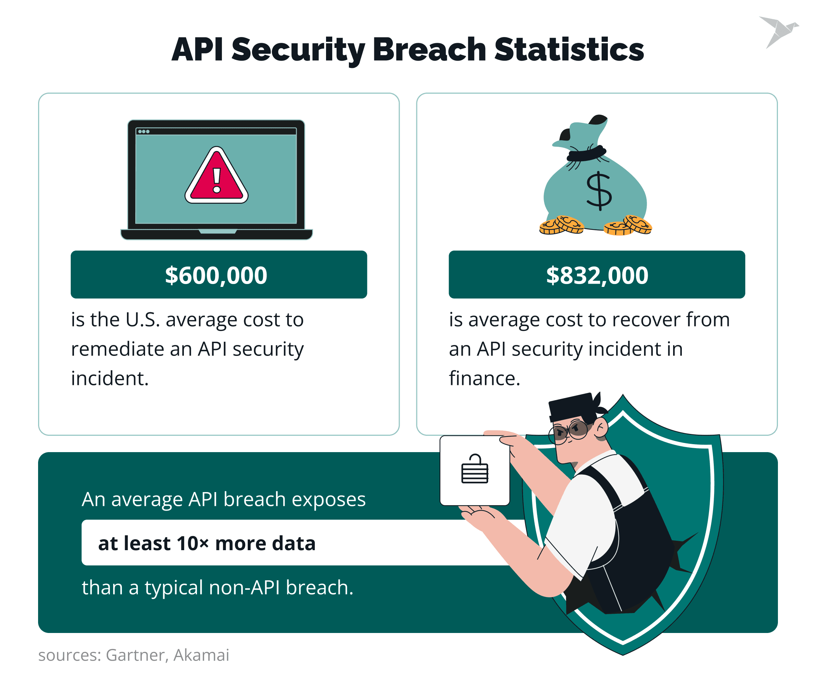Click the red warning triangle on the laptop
coord(217,177)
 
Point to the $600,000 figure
coord(216,275)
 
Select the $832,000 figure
coord(597,275)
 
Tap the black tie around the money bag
coord(587,154)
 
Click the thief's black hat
coord(572,407)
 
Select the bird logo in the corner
coord(778,31)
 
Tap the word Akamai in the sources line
coord(201,655)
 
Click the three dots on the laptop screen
coord(144,131)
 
